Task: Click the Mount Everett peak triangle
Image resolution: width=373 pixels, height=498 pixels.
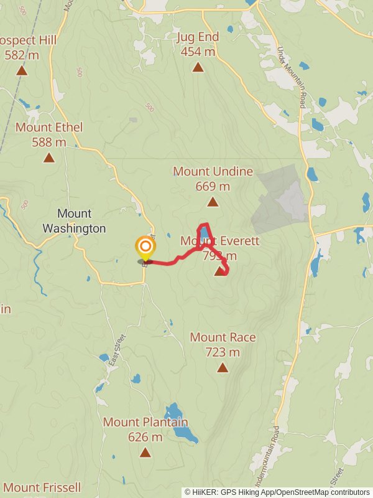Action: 219,271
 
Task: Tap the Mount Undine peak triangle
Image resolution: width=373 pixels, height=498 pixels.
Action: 213,202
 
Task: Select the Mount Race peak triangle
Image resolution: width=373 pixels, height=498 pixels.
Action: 223,368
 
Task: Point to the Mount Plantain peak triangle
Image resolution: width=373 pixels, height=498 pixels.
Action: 145,453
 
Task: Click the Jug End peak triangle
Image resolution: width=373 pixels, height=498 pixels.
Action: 198,67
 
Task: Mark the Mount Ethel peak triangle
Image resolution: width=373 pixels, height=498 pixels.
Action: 49,157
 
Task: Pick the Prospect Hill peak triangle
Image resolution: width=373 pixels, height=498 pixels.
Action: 22,70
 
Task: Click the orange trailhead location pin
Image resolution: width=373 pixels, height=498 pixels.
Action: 145,247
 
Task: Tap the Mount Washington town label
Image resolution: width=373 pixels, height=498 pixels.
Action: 74,221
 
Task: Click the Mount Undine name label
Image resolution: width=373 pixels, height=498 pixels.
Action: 213,171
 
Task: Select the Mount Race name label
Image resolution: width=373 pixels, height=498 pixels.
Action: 223,337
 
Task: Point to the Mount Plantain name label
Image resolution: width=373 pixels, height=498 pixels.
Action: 145,422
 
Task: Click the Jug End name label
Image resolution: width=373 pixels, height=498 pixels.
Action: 198,37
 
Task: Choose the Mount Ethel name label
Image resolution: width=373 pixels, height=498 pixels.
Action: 49,127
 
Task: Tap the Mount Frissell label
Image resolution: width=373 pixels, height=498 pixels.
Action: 42,487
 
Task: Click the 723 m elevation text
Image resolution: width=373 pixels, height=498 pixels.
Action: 223,352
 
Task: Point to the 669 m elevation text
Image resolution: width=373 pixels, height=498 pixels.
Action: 213,186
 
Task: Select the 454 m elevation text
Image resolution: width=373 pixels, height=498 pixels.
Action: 198,52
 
